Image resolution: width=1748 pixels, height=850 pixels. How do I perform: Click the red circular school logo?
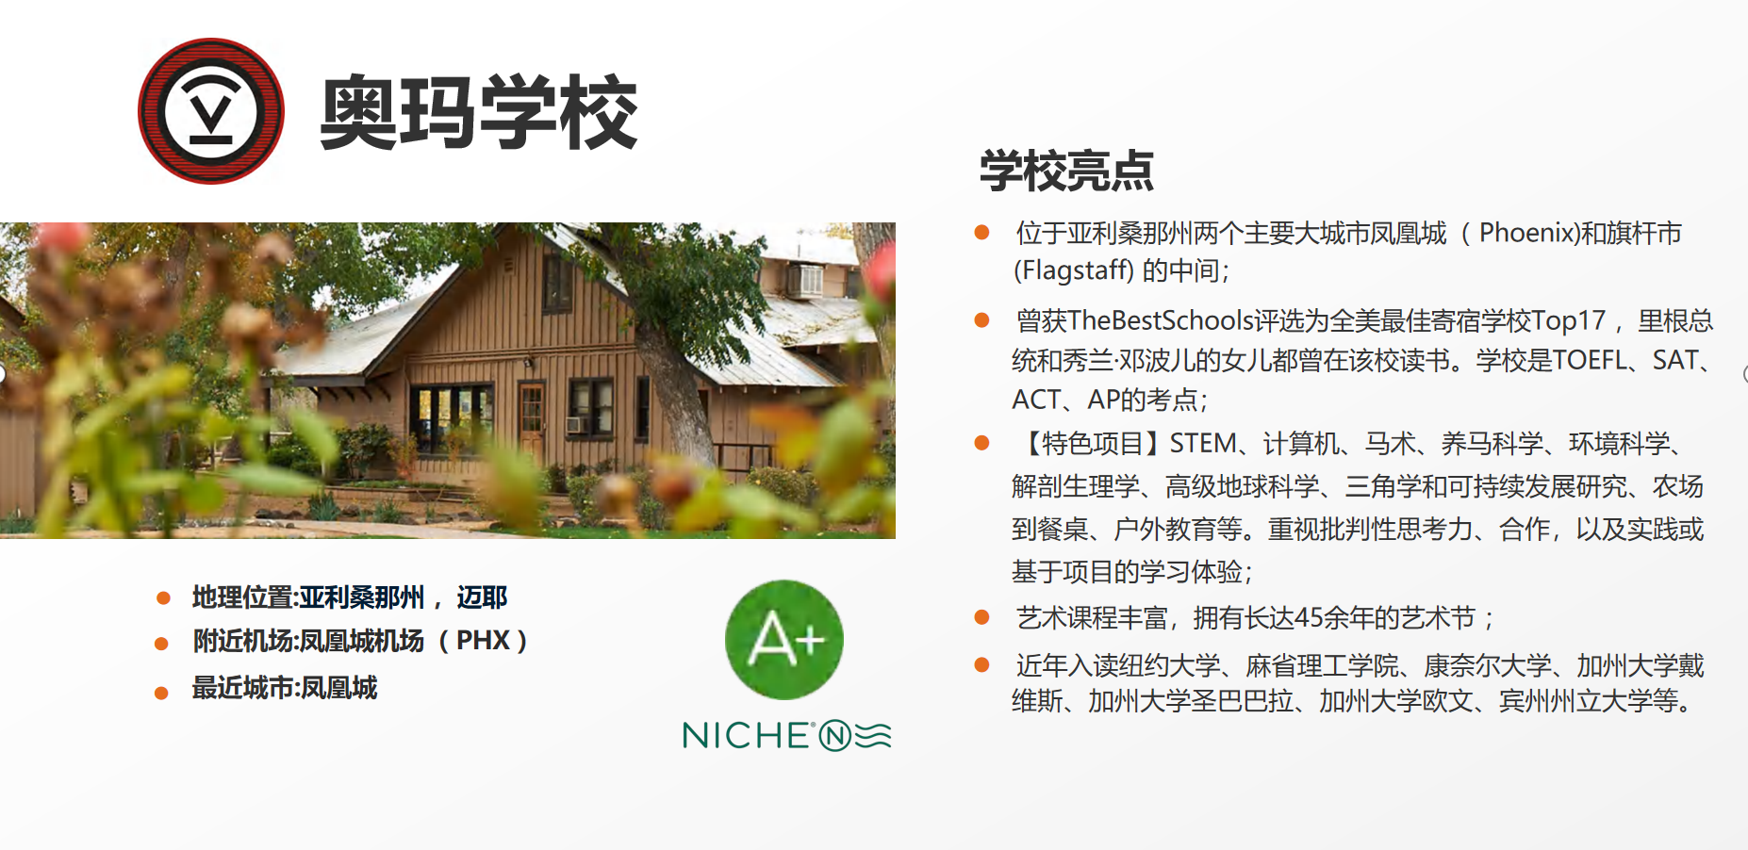click(x=211, y=111)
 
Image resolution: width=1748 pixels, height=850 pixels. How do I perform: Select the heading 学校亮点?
click(x=1066, y=171)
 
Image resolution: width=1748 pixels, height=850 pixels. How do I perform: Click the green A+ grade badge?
click(x=784, y=640)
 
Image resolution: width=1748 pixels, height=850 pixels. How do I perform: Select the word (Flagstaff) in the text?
click(x=1074, y=271)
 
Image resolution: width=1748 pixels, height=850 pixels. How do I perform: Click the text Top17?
click(x=1568, y=320)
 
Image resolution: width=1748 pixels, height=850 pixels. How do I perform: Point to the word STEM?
click(x=1203, y=443)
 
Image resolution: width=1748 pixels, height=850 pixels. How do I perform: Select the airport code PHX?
click(x=483, y=641)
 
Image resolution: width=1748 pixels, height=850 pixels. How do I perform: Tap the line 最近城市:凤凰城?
click(x=285, y=688)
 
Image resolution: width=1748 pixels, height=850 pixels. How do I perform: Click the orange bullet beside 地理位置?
click(x=163, y=598)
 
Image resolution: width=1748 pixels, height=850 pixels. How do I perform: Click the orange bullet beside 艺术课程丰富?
click(x=981, y=617)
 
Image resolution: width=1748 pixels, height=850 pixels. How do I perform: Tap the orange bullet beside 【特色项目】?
click(x=981, y=443)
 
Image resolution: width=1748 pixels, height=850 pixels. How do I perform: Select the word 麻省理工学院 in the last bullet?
click(x=1323, y=666)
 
